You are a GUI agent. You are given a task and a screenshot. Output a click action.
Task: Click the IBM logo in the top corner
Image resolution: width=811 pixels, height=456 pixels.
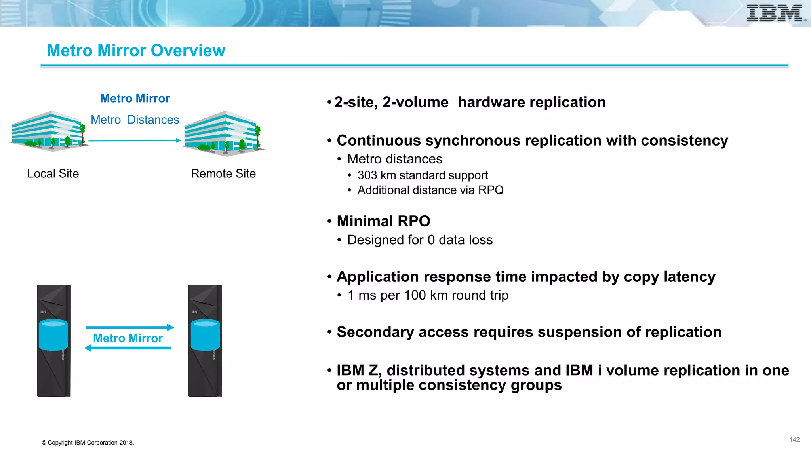[775, 13]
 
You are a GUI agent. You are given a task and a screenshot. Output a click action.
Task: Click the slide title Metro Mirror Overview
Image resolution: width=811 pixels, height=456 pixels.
[136, 51]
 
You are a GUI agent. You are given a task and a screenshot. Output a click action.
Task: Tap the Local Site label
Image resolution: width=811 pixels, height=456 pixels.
[53, 173]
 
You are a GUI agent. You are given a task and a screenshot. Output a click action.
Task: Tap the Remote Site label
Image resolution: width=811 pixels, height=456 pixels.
[223, 173]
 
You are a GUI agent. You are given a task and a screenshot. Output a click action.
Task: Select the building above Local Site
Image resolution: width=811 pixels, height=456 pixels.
[48, 131]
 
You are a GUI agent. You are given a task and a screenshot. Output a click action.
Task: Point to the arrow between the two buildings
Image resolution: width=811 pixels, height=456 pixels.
[134, 141]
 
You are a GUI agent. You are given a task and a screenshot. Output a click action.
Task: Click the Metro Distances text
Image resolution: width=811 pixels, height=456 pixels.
[135, 120]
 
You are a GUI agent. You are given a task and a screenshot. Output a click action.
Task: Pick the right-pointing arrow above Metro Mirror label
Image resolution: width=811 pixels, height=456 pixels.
[129, 327]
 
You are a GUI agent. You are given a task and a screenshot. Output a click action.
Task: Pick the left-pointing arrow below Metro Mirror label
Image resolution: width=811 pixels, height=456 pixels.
[128, 348]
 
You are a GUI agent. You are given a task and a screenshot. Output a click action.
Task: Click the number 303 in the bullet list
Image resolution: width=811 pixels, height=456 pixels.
[367, 175]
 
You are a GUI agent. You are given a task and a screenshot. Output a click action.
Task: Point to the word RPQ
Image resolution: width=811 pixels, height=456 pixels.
[491, 190]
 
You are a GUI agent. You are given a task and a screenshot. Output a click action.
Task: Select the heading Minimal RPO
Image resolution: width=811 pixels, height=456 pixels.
[383, 221]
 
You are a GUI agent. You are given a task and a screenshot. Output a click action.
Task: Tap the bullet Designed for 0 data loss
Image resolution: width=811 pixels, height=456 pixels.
[419, 240]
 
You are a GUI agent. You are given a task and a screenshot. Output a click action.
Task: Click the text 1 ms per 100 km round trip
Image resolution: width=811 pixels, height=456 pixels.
[428, 295]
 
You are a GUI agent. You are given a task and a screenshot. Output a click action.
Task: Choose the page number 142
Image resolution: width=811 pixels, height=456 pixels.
[794, 440]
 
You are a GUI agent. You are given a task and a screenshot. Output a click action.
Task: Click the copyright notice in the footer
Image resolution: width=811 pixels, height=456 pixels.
[88, 443]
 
